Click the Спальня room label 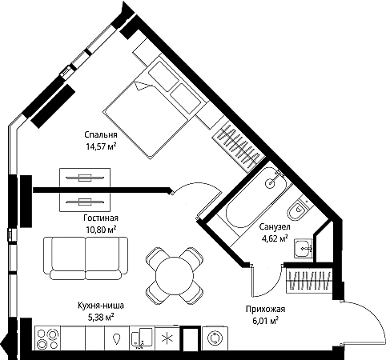pyautogui.click(x=101, y=134)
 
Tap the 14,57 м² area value pyautogui.click(x=101, y=146)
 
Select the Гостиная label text pyautogui.click(x=101, y=218)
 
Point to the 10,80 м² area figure pyautogui.click(x=101, y=230)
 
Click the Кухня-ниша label pyautogui.click(x=101, y=306)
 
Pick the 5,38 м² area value pyautogui.click(x=101, y=317)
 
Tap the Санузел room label pyautogui.click(x=275, y=227)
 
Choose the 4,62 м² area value pyautogui.click(x=275, y=238)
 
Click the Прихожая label pyautogui.click(x=265, y=309)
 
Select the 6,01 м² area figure pyautogui.click(x=266, y=321)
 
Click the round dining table pyautogui.click(x=175, y=275)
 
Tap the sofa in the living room pyautogui.click(x=86, y=258)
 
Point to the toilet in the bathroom pyautogui.click(x=298, y=210)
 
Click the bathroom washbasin pyautogui.click(x=304, y=249)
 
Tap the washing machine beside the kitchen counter pyautogui.click(x=215, y=338)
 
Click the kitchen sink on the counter pyautogui.click(x=142, y=338)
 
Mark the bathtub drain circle pyautogui.click(x=270, y=183)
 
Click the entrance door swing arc pyautogui.click(x=377, y=314)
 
